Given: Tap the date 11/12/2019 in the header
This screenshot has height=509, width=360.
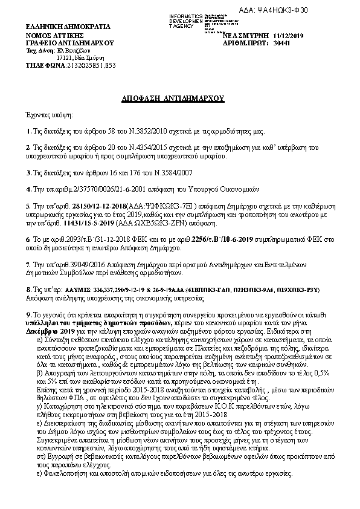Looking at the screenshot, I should pos(291,36).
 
